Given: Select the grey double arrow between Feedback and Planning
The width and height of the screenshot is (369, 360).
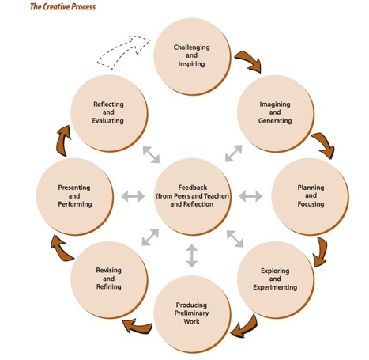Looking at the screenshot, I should [250, 195].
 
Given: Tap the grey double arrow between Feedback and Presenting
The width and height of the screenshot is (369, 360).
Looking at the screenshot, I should [132, 195].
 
